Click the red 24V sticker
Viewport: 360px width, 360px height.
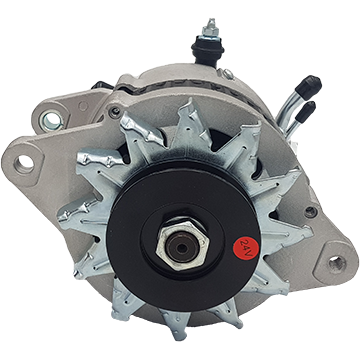coord(245,248)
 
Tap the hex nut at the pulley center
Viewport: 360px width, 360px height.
coord(182,245)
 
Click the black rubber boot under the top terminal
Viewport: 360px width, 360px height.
coord(207,50)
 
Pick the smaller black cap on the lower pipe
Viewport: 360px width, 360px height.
coord(305,112)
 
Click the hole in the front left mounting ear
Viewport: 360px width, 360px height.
coord(25,163)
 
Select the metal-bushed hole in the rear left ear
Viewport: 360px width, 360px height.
coord(52,121)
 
